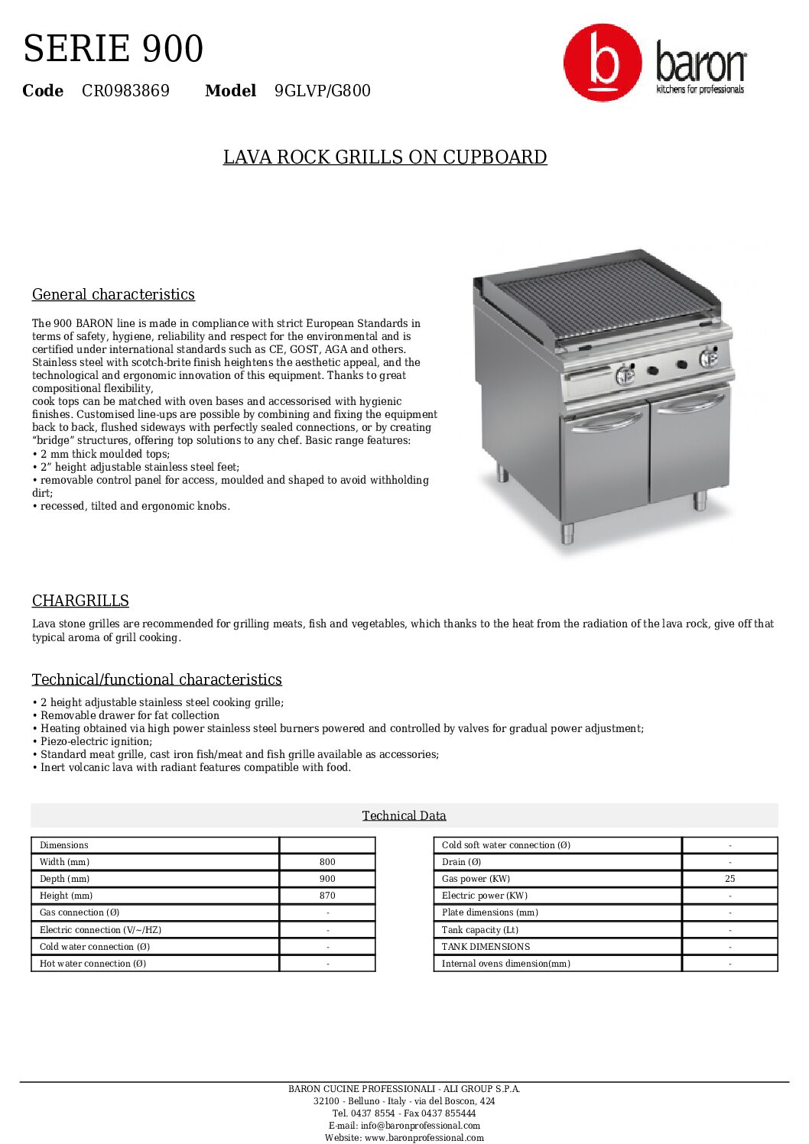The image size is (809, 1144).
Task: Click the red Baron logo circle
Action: click(x=603, y=63)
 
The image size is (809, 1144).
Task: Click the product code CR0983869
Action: click(x=125, y=91)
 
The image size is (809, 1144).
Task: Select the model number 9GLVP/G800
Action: click(x=322, y=91)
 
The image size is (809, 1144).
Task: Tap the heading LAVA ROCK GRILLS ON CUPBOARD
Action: click(x=385, y=157)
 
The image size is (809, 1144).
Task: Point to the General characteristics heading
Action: click(x=113, y=295)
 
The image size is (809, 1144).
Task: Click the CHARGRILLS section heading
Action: click(x=80, y=601)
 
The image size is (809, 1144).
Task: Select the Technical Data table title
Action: click(x=404, y=816)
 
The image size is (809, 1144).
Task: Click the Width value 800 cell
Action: click(x=327, y=862)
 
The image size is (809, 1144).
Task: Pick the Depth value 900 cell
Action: click(x=327, y=879)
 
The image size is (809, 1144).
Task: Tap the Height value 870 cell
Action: click(x=327, y=896)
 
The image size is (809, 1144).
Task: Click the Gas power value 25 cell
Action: click(x=729, y=879)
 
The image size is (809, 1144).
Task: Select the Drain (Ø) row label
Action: click(x=461, y=862)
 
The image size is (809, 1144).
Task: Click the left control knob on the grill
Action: click(x=625, y=375)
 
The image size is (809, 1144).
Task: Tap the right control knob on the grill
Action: click(x=709, y=357)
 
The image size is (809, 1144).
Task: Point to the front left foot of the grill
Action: click(x=567, y=533)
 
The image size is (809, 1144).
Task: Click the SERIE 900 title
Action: click(x=113, y=49)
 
